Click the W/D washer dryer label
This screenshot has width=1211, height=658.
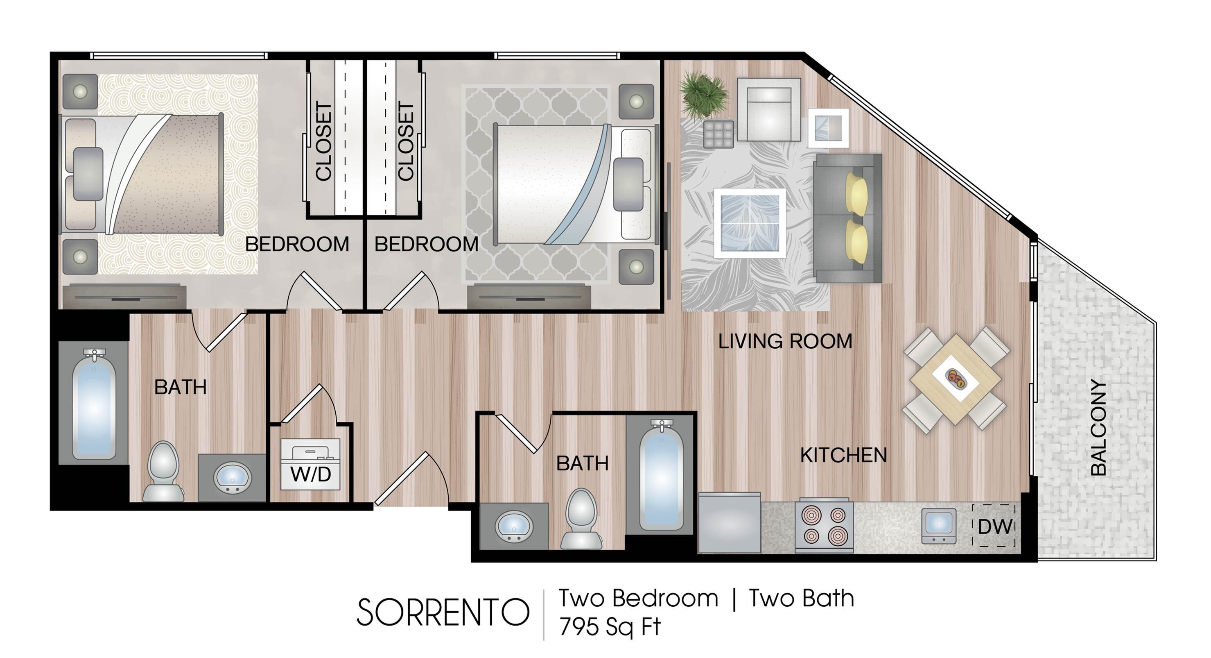click(x=311, y=474)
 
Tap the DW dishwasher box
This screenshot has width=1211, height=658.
click(x=994, y=526)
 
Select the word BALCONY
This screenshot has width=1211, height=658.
click(x=1099, y=427)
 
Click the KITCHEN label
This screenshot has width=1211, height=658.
click(x=843, y=455)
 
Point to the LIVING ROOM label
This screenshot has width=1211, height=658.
click(x=785, y=341)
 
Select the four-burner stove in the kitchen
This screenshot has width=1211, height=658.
click(x=824, y=525)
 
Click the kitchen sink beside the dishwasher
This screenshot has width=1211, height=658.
click(x=938, y=526)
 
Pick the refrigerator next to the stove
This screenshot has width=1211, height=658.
click(x=729, y=522)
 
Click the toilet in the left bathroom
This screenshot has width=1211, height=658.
click(x=163, y=471)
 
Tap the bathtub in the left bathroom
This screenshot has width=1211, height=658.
click(x=94, y=404)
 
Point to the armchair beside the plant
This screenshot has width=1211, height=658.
click(x=768, y=109)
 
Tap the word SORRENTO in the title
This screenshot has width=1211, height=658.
click(x=443, y=613)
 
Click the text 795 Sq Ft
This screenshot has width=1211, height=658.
click(x=610, y=626)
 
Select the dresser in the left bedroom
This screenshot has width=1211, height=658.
click(x=124, y=297)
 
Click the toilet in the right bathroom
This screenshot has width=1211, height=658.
click(x=581, y=519)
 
